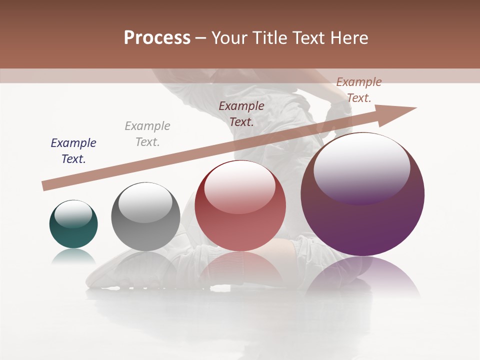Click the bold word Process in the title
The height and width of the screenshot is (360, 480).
click(x=157, y=38)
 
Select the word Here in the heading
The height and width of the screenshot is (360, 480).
click(x=348, y=38)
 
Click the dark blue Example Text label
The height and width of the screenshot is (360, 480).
click(x=73, y=151)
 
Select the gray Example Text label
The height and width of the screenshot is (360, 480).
click(x=147, y=134)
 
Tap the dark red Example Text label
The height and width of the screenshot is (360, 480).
click(x=241, y=114)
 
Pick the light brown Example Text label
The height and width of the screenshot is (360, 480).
click(x=359, y=90)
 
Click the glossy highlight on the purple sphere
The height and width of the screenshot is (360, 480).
click(x=362, y=167)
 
